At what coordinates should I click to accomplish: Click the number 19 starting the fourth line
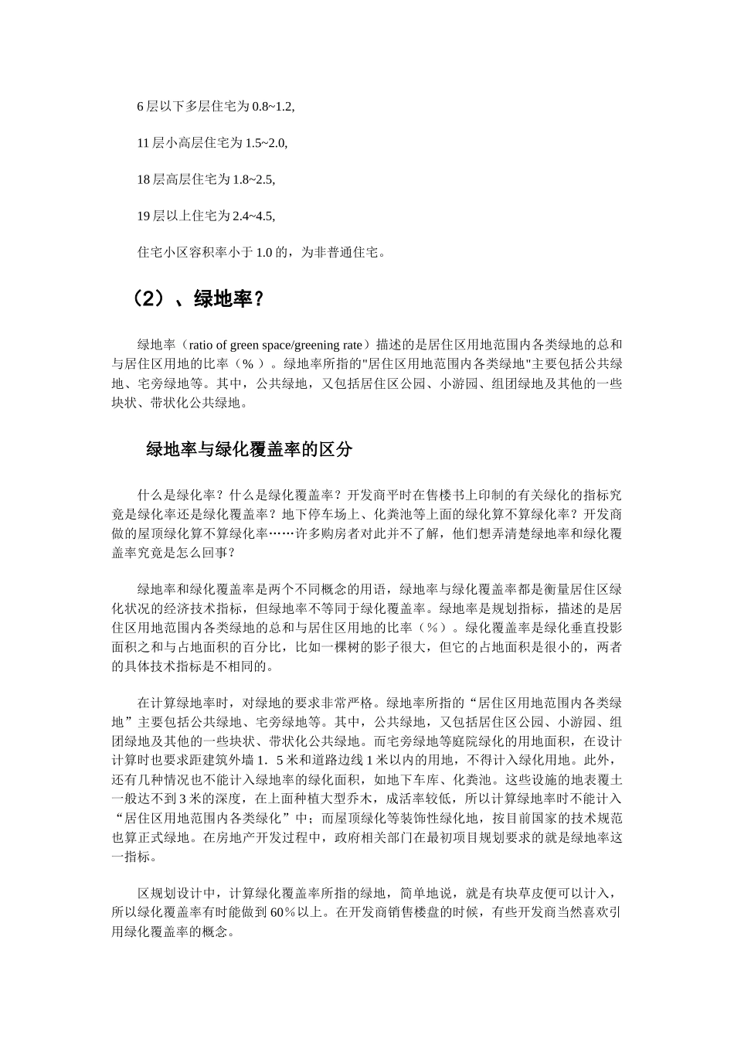143,216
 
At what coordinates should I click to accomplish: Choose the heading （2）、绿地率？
196,298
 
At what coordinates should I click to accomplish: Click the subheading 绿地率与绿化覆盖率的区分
249,449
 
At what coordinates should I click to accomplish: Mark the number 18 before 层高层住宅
143,179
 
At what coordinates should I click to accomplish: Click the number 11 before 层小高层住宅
143,143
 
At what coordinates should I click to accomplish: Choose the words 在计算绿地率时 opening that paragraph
185,703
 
